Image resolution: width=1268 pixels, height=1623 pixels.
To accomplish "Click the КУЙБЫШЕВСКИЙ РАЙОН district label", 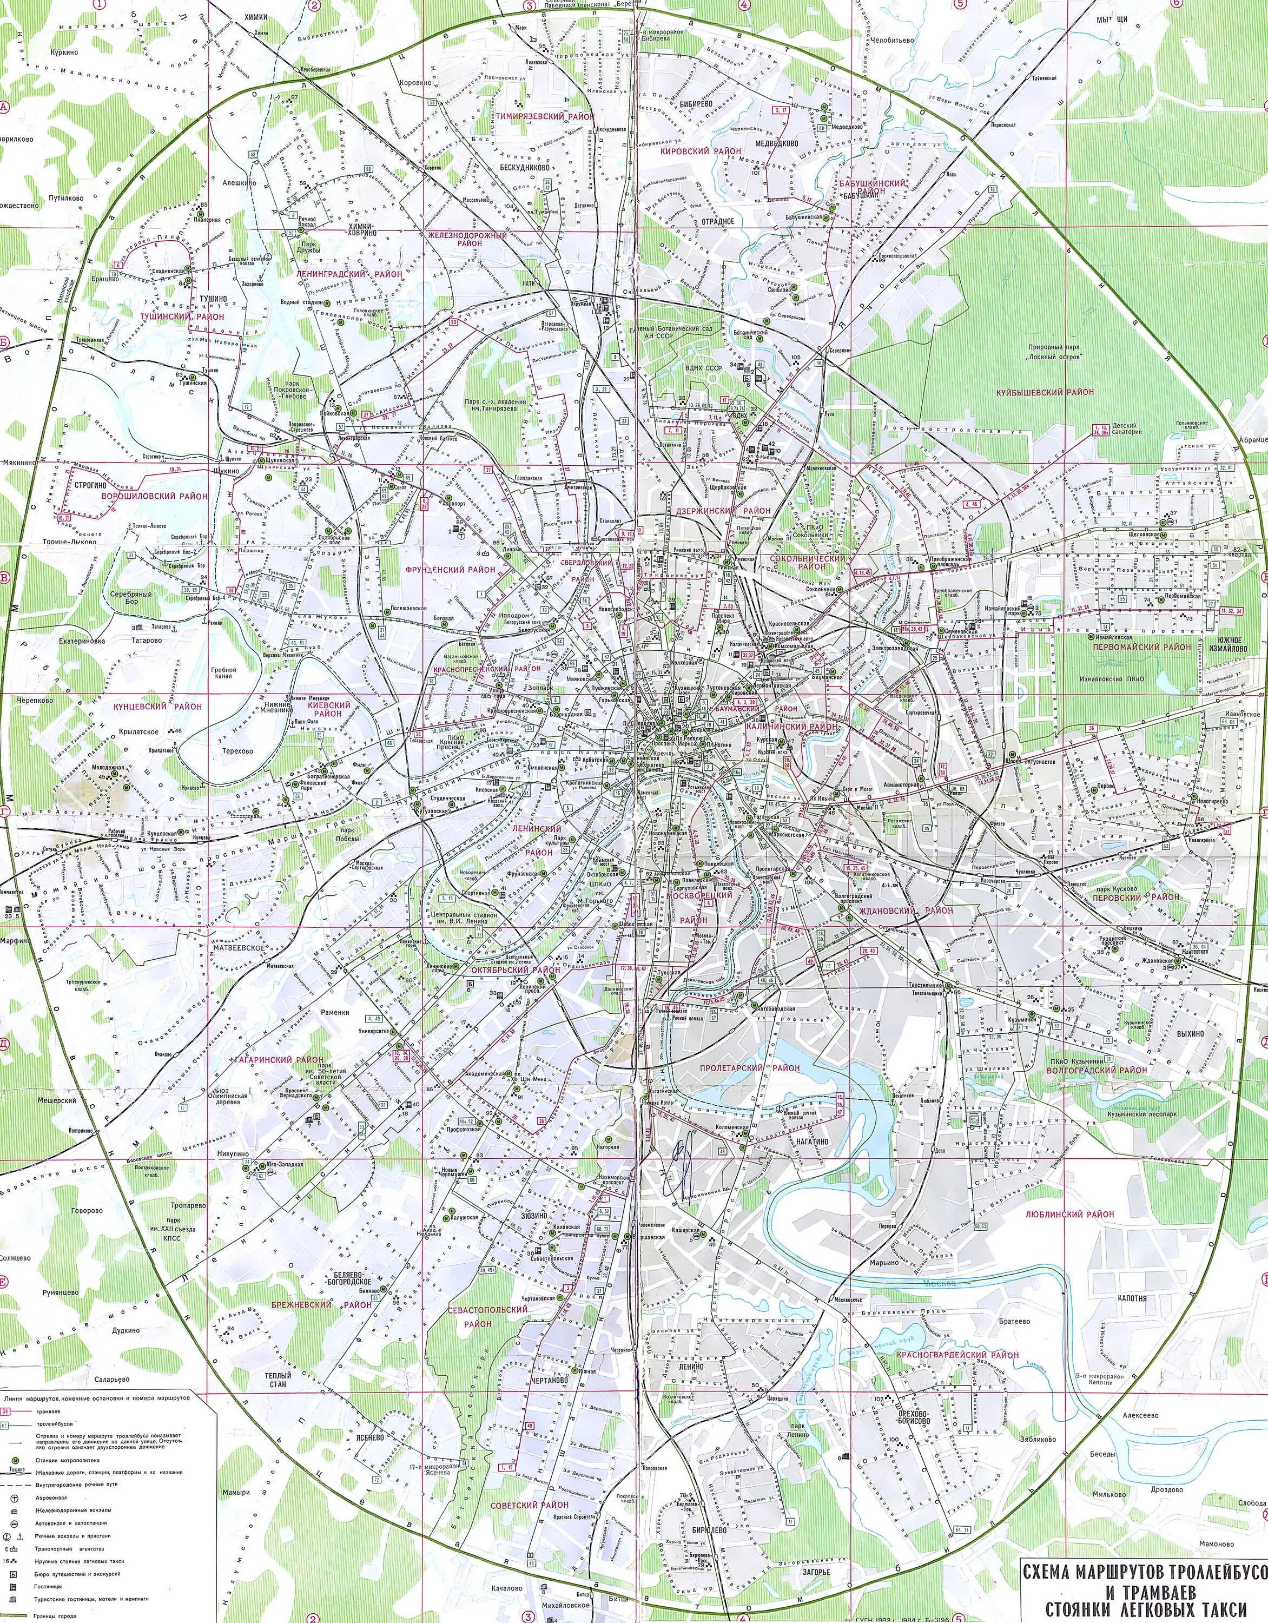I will coord(1047,392).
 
